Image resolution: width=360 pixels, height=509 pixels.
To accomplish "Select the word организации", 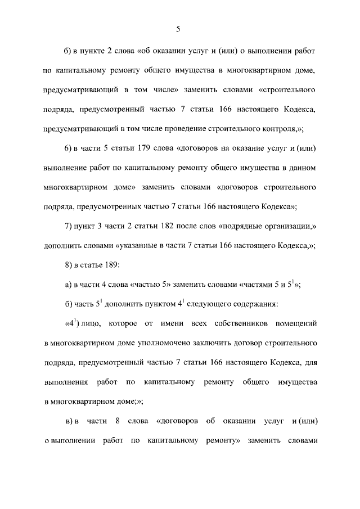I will (290, 226).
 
